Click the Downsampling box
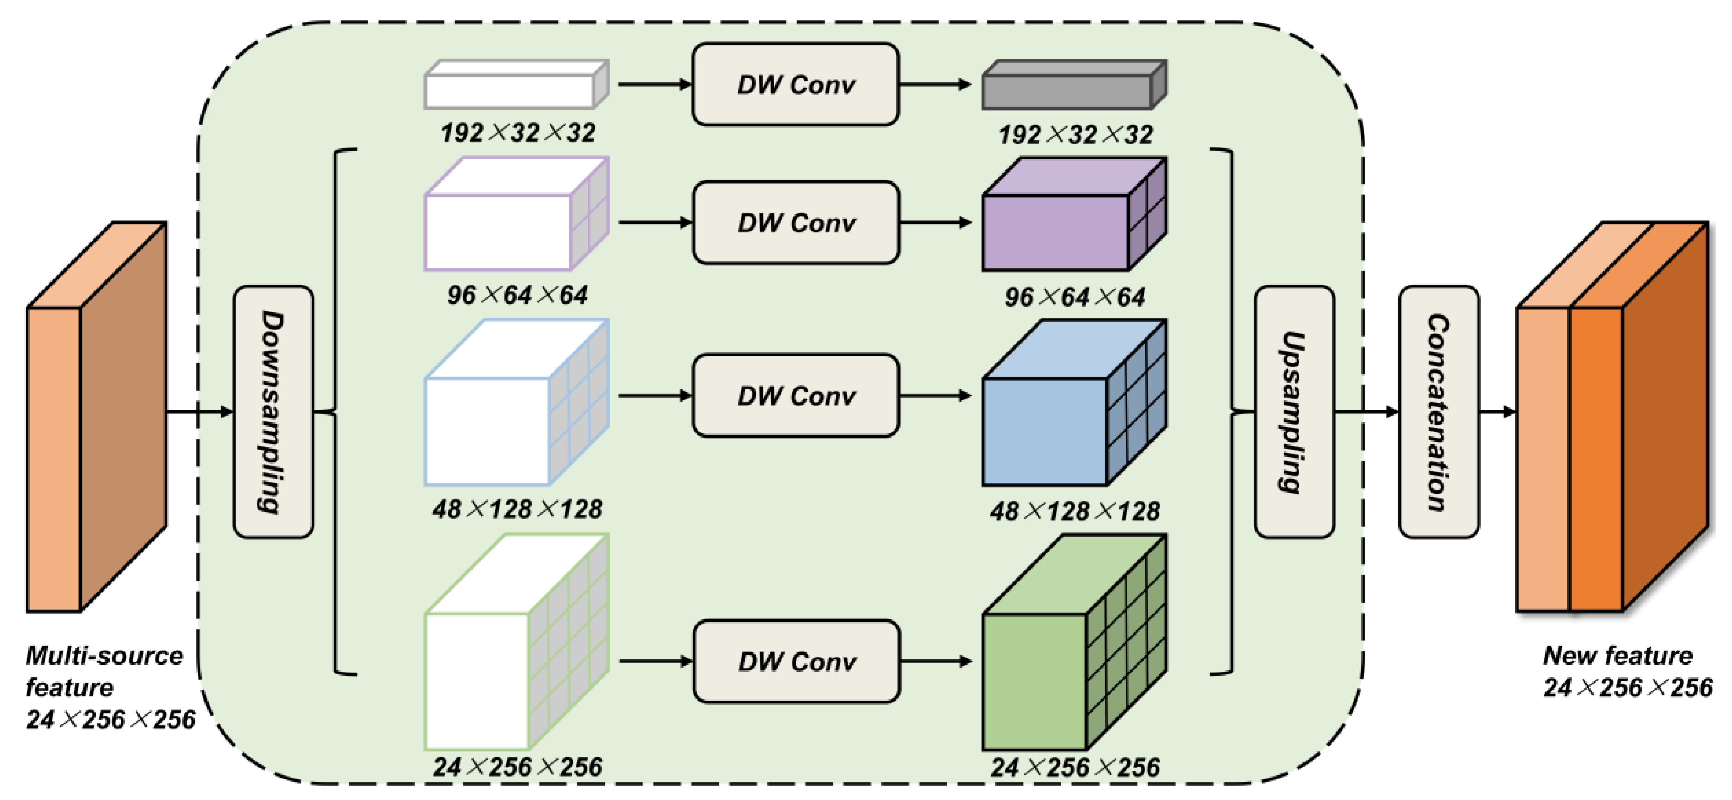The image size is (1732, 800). [x=273, y=411]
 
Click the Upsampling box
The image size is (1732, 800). [x=1294, y=411]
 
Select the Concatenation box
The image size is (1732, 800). [x=1438, y=411]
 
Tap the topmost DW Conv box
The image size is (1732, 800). [x=795, y=85]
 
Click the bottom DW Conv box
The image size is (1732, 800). [x=796, y=662]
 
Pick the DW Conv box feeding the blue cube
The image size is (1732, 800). [x=795, y=395]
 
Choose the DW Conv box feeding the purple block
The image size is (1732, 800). [x=795, y=223]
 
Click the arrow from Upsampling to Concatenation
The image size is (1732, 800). [x=1365, y=411]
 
